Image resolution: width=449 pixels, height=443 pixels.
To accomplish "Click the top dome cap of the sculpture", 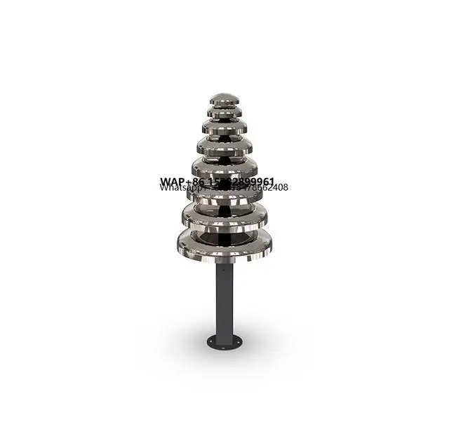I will (224, 97).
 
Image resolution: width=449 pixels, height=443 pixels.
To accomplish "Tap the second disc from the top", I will (224, 110).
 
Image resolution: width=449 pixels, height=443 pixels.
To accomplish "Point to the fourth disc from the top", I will (224, 146).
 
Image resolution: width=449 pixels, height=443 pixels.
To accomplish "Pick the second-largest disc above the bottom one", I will (224, 213).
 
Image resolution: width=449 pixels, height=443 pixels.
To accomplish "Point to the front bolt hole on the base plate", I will (224, 348).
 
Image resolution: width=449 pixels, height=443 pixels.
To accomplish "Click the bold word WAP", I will (172, 182).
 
